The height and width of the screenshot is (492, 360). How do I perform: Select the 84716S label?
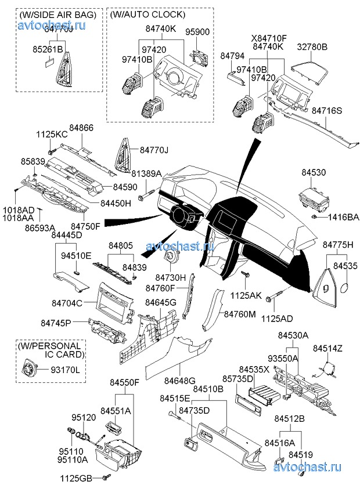pos(327,110)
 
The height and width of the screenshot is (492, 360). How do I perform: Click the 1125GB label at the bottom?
pos(77,479)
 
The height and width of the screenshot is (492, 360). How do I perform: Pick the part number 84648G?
pos(179,381)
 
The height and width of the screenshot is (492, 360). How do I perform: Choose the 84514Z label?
pos(328,348)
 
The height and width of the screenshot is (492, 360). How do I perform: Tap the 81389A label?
pos(146,173)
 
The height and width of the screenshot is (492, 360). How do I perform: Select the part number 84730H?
pos(164,278)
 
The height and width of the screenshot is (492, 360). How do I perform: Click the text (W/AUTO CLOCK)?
pos(147,14)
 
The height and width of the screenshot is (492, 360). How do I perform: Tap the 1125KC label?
pos(52,134)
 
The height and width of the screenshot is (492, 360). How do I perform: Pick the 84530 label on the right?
pos(314,173)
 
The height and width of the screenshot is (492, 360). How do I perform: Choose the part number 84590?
pos(125,187)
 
